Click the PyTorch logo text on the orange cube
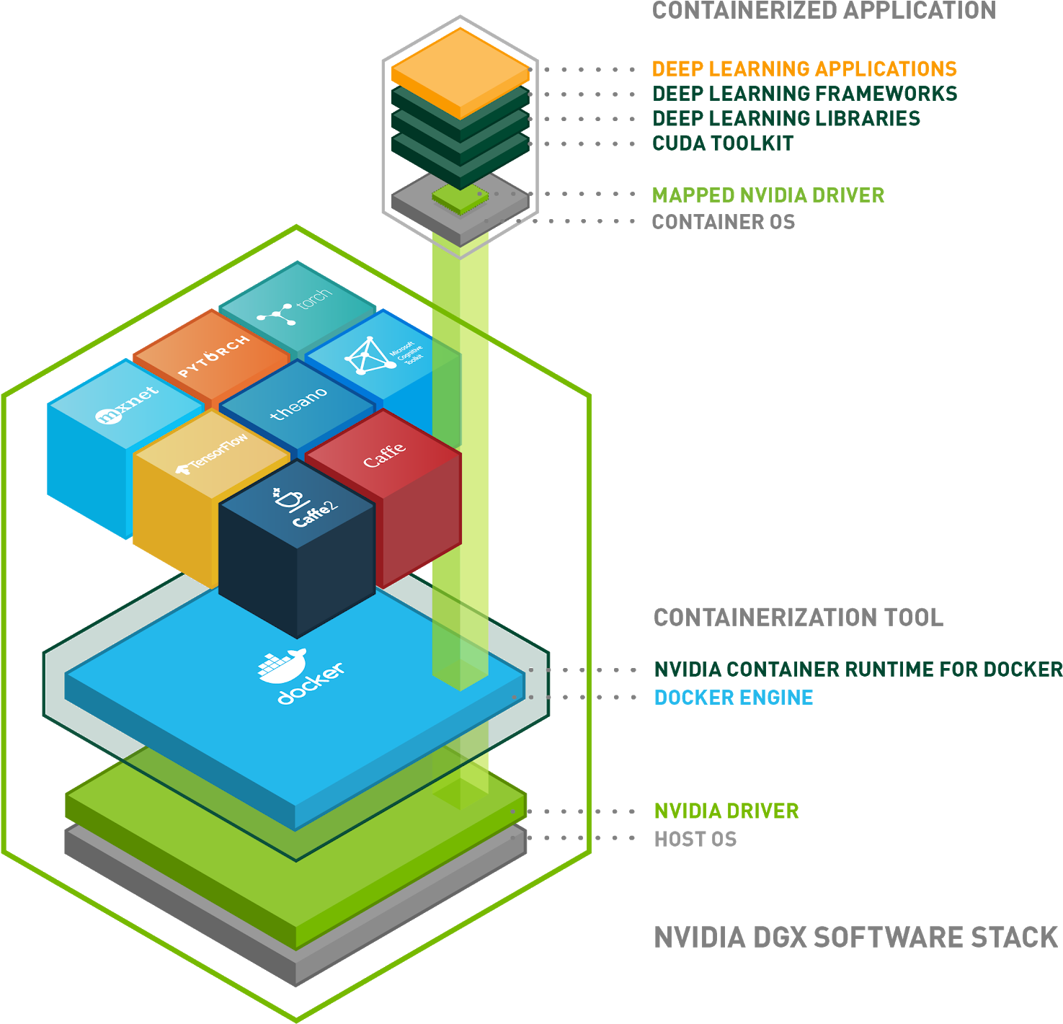213,356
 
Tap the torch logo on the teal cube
294,306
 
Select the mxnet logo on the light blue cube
127,405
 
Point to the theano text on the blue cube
298,404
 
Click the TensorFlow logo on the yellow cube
211,454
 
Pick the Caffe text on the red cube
384,455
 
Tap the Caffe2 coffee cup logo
288,498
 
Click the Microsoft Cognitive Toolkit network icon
366,355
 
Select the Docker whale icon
282,667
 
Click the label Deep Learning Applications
804,68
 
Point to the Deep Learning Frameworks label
804,94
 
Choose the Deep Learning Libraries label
786,118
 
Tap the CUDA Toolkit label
723,143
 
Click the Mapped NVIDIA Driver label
768,195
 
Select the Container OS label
724,222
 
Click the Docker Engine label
734,698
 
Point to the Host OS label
695,839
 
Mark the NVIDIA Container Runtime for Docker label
858,669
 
